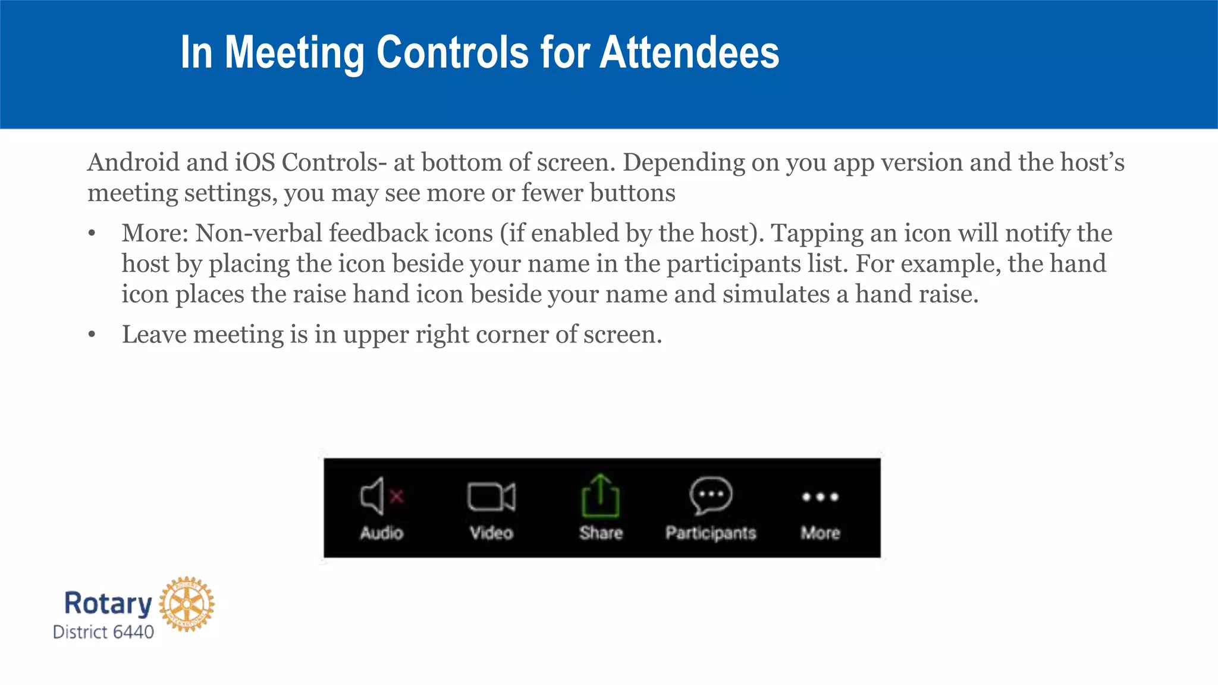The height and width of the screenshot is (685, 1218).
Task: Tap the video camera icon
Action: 491,497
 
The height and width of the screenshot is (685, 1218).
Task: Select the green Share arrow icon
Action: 600,495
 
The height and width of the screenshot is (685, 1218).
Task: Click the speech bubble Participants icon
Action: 710,495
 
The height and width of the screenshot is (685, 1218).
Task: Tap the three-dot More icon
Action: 820,497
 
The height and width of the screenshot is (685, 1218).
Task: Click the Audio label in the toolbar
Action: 381,533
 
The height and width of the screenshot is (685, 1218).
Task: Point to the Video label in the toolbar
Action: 491,533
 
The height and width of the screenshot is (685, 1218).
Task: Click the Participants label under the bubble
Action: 711,533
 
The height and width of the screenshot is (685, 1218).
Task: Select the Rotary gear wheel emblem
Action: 187,604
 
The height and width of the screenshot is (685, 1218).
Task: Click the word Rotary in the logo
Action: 108,604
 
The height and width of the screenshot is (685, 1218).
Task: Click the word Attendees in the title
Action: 689,52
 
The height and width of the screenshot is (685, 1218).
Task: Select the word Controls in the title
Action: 452,52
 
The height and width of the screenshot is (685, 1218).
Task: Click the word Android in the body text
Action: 133,162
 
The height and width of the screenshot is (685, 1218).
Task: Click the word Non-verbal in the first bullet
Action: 259,233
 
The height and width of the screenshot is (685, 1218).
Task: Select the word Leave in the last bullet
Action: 155,334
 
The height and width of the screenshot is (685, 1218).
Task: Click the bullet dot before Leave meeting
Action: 92,335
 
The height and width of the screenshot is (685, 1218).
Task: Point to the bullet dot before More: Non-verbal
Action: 92,234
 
